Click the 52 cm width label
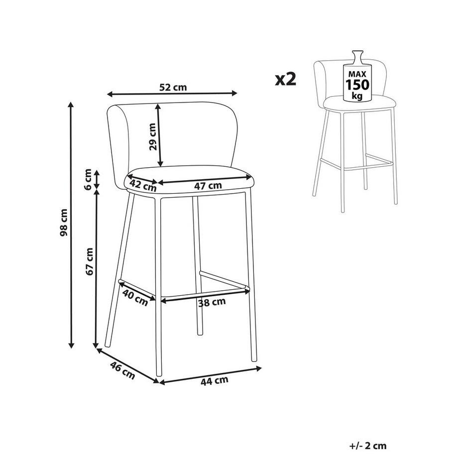click(x=173, y=87)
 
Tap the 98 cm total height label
click(x=63, y=223)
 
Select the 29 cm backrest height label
click(x=152, y=136)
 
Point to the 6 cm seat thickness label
click(x=88, y=179)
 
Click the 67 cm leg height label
click(x=89, y=261)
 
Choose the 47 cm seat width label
click(x=208, y=185)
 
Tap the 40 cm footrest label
click(x=135, y=297)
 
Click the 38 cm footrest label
click(x=212, y=302)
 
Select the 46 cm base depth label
click(x=122, y=370)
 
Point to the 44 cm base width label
click(x=215, y=381)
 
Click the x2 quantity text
click(x=285, y=79)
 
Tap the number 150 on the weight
click(x=357, y=85)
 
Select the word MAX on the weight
click(x=357, y=74)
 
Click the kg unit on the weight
click(x=357, y=96)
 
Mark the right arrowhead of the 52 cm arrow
click(x=234, y=93)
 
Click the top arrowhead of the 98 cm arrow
click(x=70, y=105)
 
